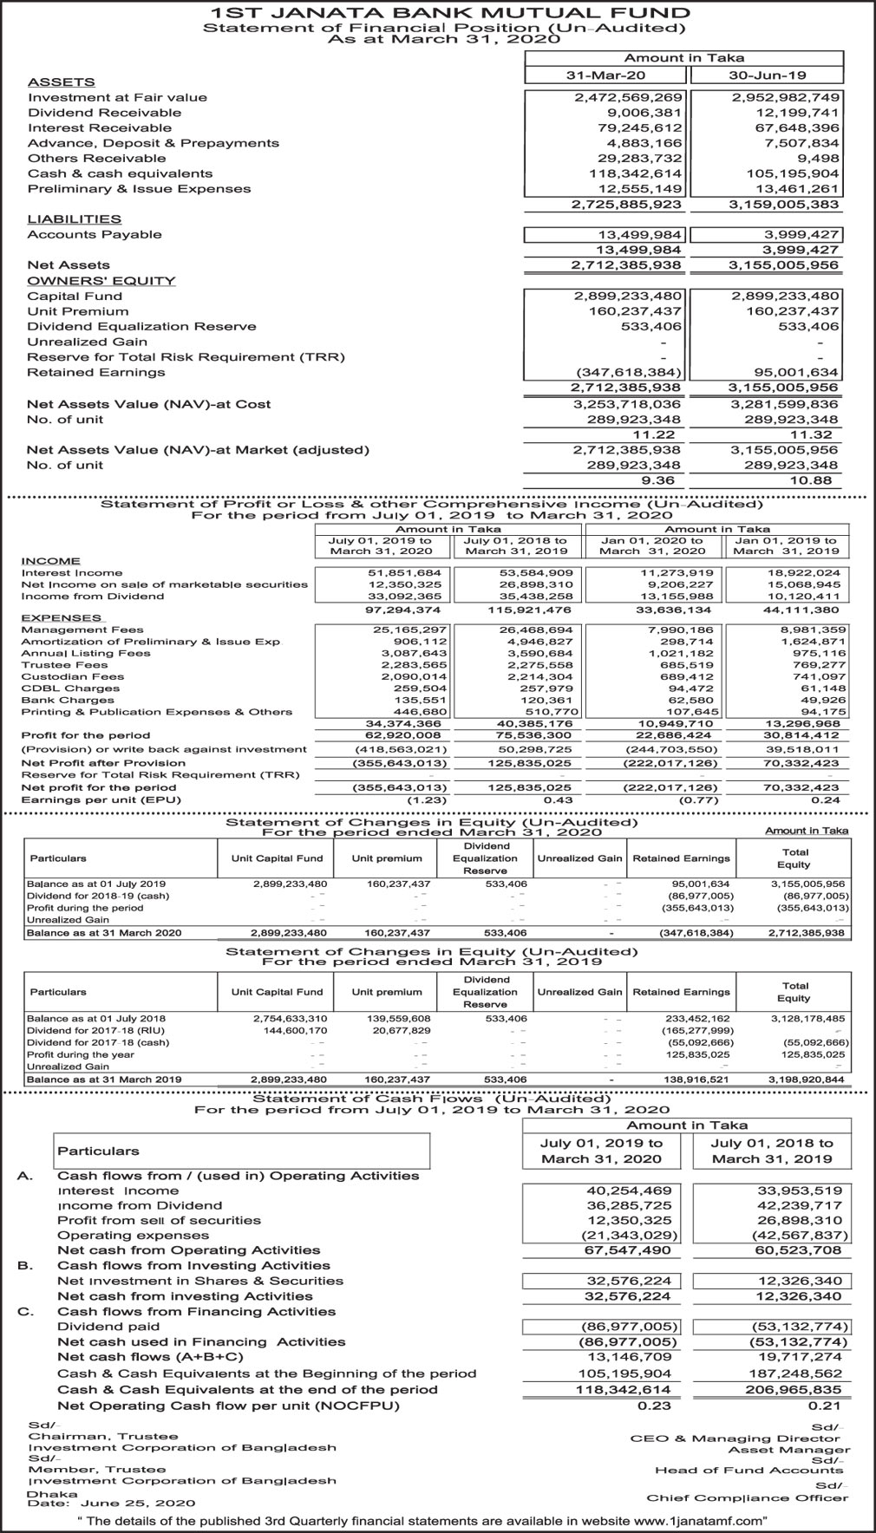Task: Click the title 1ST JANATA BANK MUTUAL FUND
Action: click(x=438, y=12)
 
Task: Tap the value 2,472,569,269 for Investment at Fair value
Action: click(x=629, y=98)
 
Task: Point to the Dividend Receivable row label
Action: click(x=104, y=113)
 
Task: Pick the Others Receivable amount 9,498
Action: click(x=814, y=159)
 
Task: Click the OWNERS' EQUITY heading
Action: click(x=101, y=281)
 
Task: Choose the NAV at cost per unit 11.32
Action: click(x=814, y=434)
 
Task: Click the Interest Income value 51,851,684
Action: click(x=411, y=573)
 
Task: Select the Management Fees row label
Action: click(x=82, y=630)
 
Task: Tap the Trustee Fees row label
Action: click(x=65, y=665)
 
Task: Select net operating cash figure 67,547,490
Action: click(x=629, y=1250)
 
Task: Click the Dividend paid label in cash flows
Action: click(x=108, y=1327)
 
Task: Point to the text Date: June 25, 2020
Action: click(x=111, y=1503)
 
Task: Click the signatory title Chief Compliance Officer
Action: click(x=747, y=1497)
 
